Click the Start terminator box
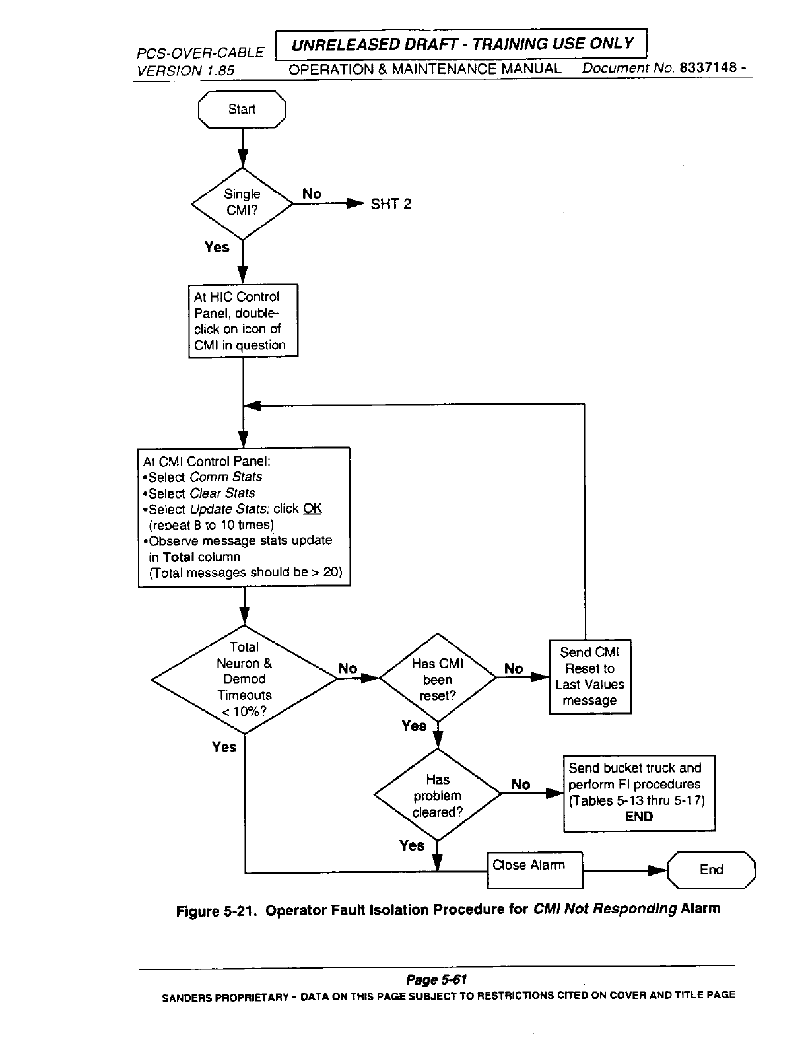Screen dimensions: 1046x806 242,110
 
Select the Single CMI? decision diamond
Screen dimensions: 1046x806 242,203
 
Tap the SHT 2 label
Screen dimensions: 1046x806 390,204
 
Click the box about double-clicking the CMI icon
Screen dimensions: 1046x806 243,321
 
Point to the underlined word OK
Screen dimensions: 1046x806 312,509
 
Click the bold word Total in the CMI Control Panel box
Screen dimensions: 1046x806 178,557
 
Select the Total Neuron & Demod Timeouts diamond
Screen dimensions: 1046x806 244,680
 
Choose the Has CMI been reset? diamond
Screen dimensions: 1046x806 438,678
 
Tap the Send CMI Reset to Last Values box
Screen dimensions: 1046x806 590,677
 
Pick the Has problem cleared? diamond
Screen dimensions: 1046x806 438,795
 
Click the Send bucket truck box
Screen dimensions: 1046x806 638,792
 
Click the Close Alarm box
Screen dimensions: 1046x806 535,870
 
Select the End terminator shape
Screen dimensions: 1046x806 711,870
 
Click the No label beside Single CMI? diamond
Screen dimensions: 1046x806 312,193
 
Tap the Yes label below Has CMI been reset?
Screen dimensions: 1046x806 414,726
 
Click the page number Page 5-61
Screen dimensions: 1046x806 436,979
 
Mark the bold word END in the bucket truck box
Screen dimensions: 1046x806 638,816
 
